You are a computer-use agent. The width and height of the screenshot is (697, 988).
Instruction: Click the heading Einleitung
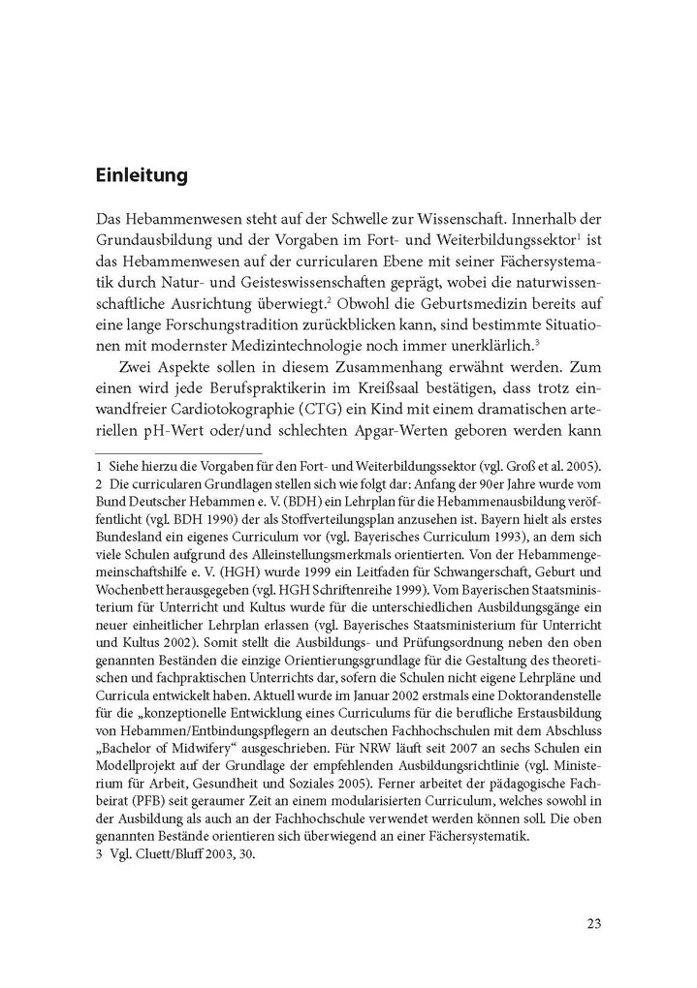point(142,177)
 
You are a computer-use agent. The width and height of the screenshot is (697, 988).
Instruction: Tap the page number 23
point(593,922)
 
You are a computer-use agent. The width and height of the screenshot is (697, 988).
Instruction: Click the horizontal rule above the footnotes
point(178,452)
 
